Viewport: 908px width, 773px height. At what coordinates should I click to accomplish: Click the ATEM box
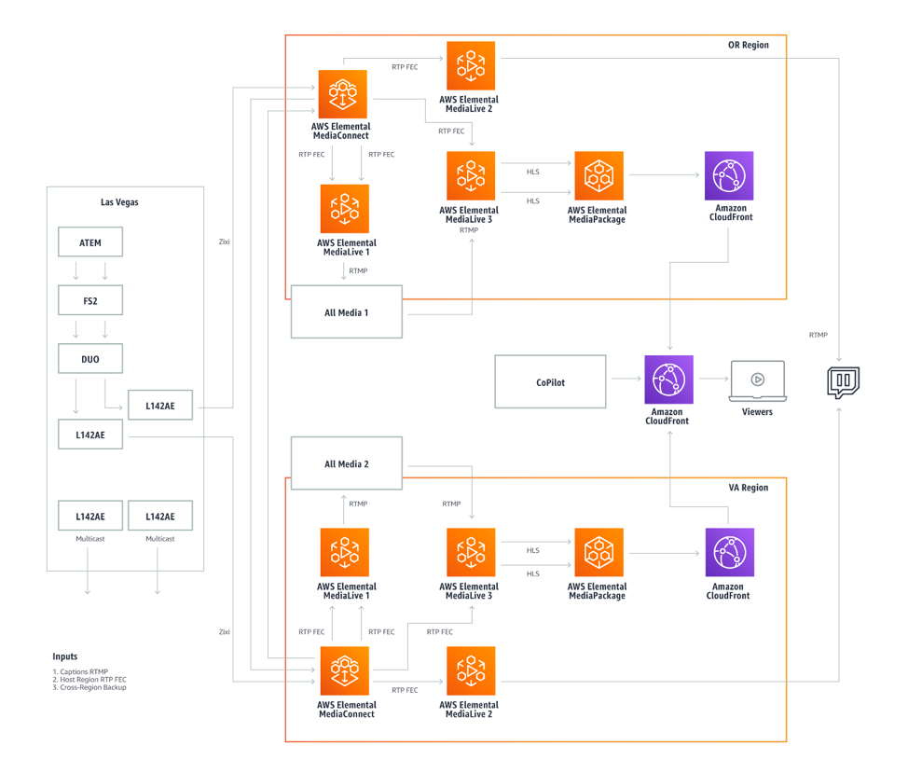coord(89,242)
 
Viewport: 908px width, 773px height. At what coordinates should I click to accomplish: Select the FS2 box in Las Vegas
coord(89,300)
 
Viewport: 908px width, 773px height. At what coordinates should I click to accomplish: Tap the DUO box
coord(89,358)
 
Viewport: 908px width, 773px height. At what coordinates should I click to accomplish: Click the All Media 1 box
coord(346,312)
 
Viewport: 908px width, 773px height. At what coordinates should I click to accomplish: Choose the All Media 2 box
coord(346,463)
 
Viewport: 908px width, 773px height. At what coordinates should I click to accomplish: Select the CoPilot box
coord(549,381)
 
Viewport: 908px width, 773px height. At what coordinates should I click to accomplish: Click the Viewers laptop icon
coord(757,380)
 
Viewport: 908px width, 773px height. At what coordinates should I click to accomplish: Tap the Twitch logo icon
coord(843,382)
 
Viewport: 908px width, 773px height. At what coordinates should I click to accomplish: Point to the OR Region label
coord(748,45)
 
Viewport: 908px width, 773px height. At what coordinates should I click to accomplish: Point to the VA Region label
coord(748,488)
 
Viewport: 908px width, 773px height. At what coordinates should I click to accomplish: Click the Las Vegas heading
coord(119,201)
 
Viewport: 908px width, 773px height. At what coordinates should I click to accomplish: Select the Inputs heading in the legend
coord(65,656)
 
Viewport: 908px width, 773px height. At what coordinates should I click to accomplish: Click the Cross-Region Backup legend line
coord(89,687)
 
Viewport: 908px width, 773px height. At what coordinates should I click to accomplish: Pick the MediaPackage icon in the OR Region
coord(598,176)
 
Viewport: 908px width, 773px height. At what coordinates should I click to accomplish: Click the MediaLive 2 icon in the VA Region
coord(471,670)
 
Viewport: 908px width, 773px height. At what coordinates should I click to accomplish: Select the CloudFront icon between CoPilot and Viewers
coord(668,380)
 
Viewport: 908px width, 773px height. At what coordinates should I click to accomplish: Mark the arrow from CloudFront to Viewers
coord(712,380)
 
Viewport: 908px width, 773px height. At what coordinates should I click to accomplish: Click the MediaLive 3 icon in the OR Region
coord(471,176)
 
